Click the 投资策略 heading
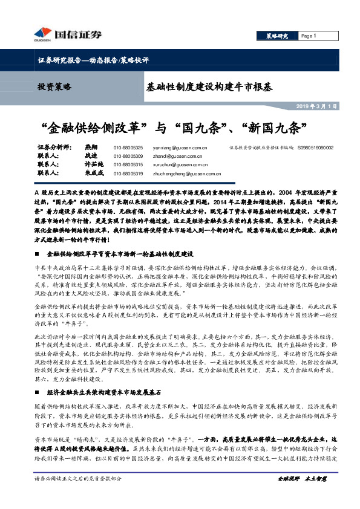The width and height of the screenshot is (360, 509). [54, 87]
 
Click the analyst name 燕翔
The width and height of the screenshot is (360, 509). [91, 147]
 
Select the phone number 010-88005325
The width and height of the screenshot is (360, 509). [128, 148]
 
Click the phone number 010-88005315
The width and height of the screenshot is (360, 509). [128, 164]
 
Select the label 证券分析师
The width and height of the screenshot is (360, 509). [54, 147]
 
